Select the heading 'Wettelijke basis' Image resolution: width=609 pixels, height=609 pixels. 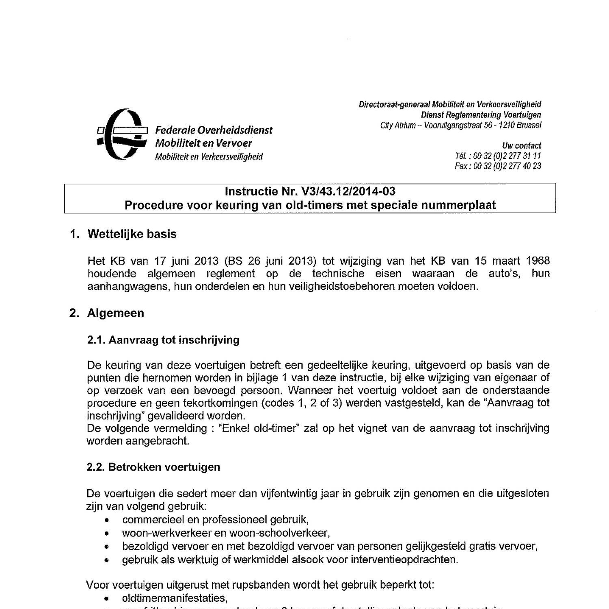(x=132, y=234)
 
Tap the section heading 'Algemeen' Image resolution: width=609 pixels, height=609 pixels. (x=115, y=313)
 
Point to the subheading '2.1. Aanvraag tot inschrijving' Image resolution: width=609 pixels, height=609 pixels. (x=163, y=340)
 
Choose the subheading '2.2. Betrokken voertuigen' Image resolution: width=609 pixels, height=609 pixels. (x=153, y=467)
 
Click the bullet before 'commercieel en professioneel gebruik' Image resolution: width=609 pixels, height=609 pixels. (x=106, y=520)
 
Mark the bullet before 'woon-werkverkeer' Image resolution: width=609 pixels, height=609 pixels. (x=106, y=533)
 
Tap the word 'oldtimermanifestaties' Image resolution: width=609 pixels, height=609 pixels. (x=174, y=598)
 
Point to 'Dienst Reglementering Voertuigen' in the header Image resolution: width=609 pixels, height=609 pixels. (x=481, y=115)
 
